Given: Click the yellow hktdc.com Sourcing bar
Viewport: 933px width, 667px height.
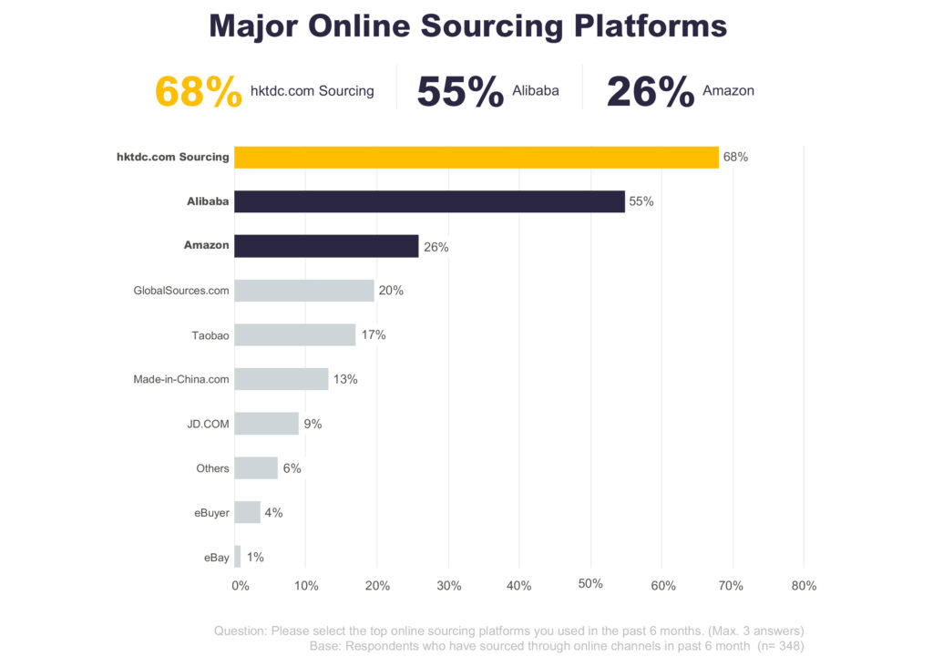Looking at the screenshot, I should coord(476,157).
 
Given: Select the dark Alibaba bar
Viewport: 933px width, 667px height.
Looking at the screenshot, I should coord(429,201).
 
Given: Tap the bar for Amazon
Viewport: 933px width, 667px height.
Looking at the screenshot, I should coord(326,245).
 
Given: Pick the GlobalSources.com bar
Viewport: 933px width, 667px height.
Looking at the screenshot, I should coord(304,290).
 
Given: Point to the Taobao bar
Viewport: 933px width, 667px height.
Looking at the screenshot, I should coord(294,334).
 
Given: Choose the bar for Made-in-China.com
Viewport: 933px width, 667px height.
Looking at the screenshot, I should coord(281,379).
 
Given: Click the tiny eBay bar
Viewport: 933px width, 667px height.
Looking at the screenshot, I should coord(238,557).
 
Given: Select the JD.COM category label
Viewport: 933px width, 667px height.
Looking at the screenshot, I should coord(208,424).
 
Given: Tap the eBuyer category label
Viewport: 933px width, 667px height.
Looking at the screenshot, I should coord(211,513).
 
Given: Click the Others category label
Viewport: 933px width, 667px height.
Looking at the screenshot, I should coord(212,468).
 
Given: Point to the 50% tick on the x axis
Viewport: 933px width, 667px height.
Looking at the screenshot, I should coord(590,584).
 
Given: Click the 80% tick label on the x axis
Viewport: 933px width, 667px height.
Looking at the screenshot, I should coord(804,586).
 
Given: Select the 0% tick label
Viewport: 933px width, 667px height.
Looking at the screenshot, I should coord(241,586).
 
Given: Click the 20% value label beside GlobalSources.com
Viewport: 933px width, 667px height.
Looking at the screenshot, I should coord(391,291).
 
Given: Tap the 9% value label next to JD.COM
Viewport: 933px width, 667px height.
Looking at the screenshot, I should coord(313,424).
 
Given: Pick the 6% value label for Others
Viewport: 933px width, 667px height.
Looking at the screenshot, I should coord(292,468).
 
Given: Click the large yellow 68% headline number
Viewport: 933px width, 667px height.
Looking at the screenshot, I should coord(199,91).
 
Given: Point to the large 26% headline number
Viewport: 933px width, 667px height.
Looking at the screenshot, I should coord(651,91).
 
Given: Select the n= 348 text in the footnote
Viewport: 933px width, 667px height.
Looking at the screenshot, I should coord(783,646).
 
